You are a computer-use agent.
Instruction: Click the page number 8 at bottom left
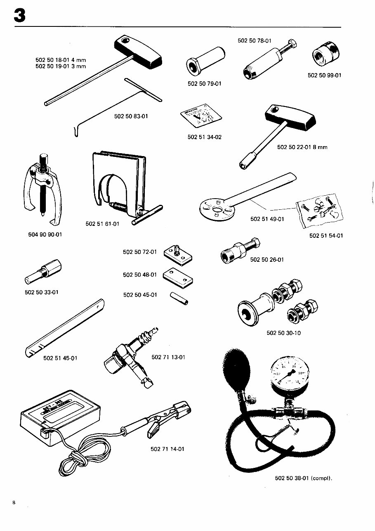(x=14, y=503)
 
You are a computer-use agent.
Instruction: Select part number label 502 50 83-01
(x=131, y=116)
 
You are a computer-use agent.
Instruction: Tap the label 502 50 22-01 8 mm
(x=302, y=147)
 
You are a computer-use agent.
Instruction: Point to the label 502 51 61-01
(x=102, y=224)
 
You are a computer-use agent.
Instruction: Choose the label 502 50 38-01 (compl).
(x=303, y=479)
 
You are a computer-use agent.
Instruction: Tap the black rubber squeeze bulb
(x=234, y=370)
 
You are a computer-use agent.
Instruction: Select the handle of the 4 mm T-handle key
(x=138, y=52)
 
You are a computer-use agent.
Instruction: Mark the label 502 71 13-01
(x=168, y=357)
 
